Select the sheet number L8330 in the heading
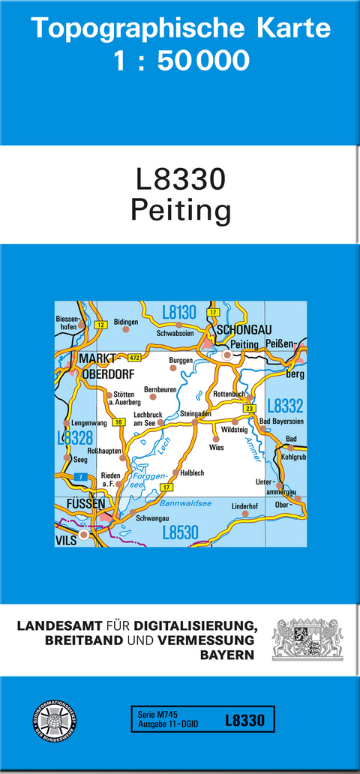[x=180, y=180]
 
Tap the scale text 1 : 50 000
[x=180, y=61]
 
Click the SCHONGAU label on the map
[x=243, y=330]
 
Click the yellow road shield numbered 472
[x=135, y=357]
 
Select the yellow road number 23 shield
[x=250, y=407]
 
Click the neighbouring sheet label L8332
[x=285, y=406]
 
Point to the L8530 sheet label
[x=180, y=533]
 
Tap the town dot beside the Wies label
[x=216, y=438]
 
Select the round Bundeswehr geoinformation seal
[x=53, y=723]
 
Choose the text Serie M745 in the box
[x=153, y=715]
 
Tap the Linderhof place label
[x=244, y=505]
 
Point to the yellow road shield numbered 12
[x=101, y=324]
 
